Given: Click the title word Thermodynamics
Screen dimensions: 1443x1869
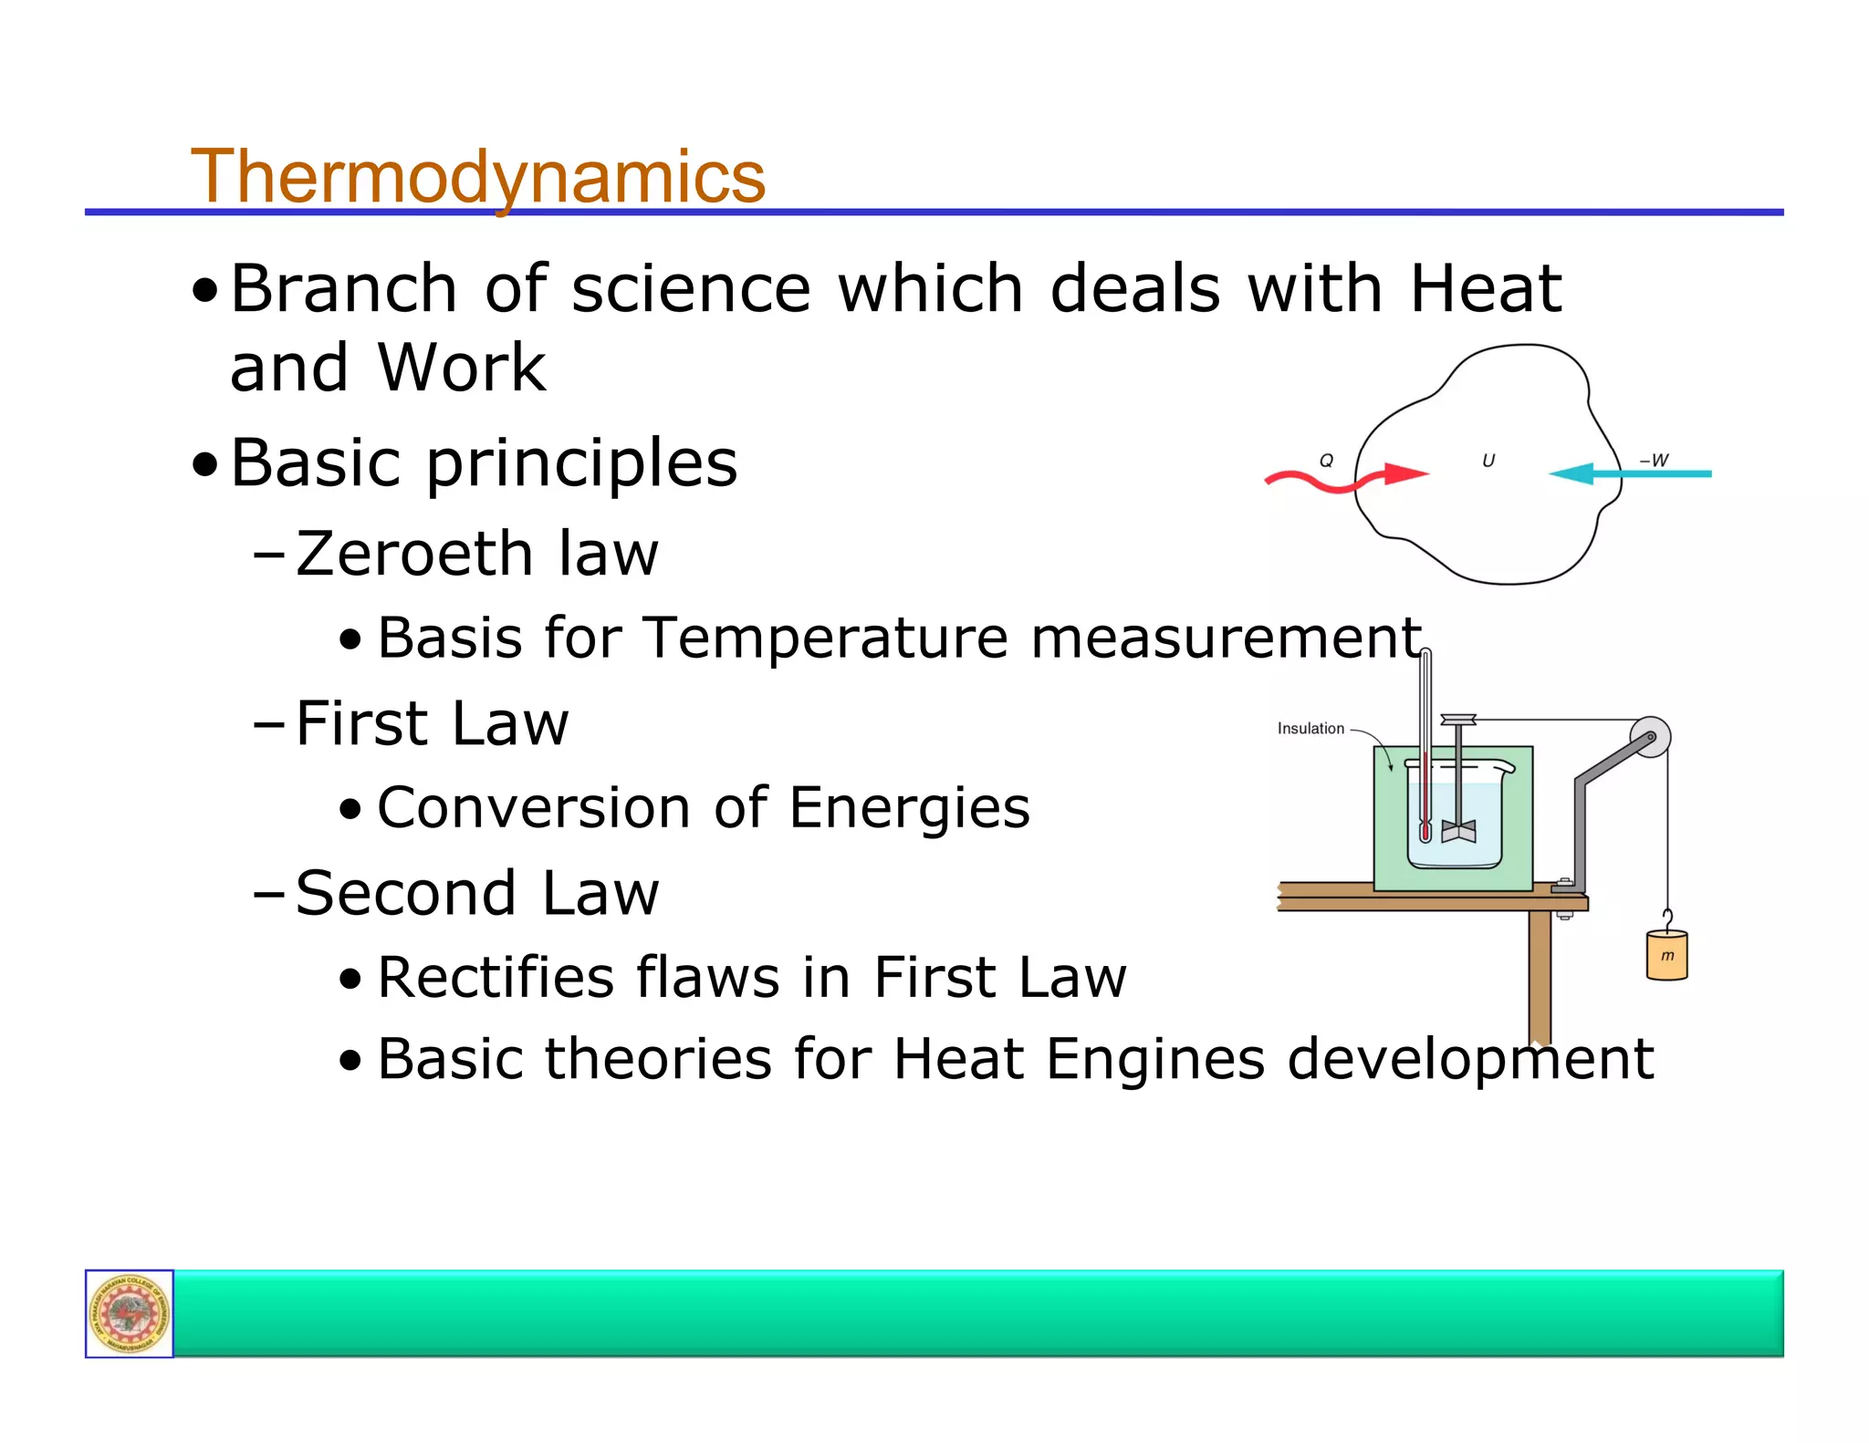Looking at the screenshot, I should click(x=477, y=176).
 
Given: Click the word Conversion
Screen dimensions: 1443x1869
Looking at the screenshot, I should click(x=534, y=807).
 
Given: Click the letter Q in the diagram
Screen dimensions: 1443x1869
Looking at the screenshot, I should click(x=1326, y=461).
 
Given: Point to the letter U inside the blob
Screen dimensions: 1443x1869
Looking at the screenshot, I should click(x=1488, y=461).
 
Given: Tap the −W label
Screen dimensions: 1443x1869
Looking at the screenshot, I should click(x=1653, y=461).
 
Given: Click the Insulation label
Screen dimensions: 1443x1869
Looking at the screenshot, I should click(x=1310, y=728).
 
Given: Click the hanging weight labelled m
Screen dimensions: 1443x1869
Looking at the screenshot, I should click(x=1666, y=955).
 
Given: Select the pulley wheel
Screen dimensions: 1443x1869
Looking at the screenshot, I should click(x=1650, y=737).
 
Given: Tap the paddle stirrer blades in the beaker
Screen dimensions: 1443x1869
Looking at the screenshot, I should click(x=1458, y=831).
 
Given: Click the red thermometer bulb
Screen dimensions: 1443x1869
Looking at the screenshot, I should click(x=1425, y=831).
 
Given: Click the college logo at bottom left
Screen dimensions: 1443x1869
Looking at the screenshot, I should click(x=130, y=1313).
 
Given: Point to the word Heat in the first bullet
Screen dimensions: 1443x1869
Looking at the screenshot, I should click(x=1486, y=289).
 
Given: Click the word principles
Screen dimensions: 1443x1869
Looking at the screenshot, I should click(x=581, y=462).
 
